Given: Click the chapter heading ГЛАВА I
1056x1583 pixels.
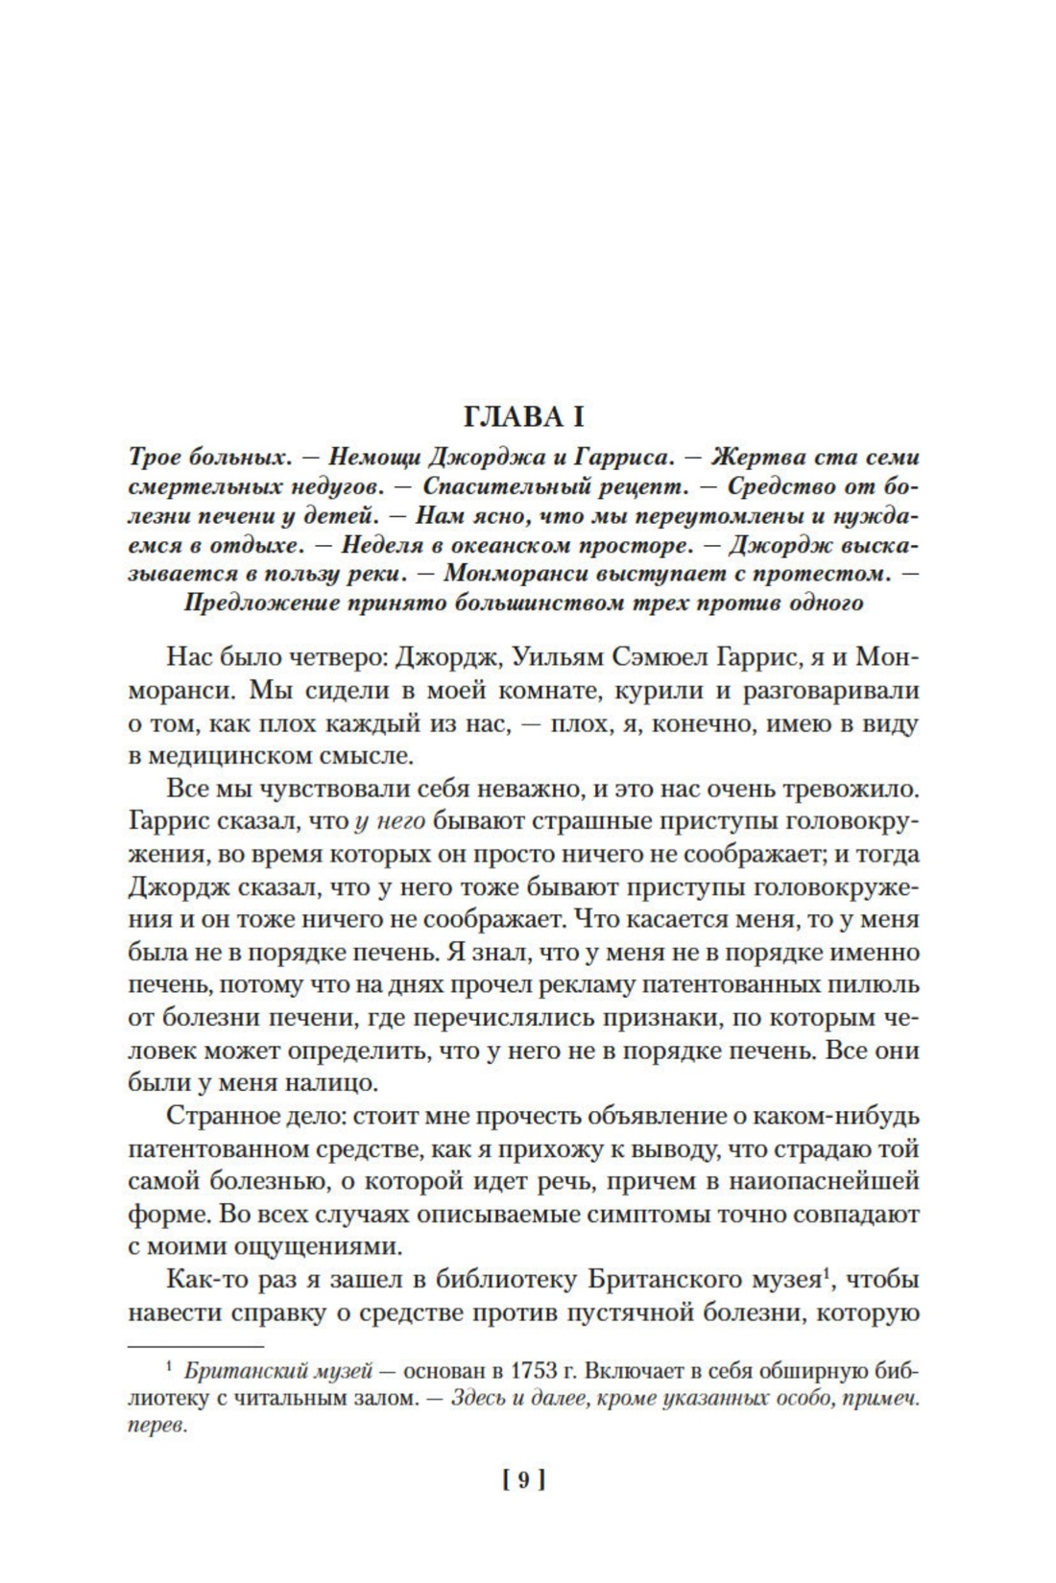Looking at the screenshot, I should [523, 417].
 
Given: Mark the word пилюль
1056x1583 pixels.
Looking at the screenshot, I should [878, 985].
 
